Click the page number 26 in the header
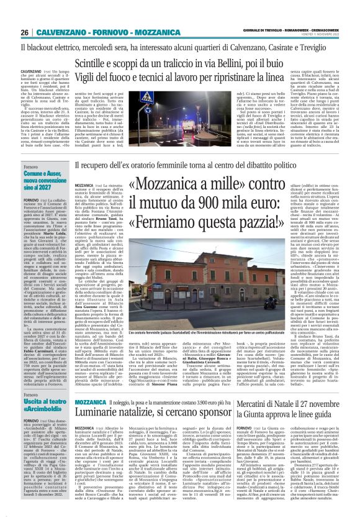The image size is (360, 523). [x=25, y=32]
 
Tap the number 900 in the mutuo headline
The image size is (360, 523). [x=232, y=202]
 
